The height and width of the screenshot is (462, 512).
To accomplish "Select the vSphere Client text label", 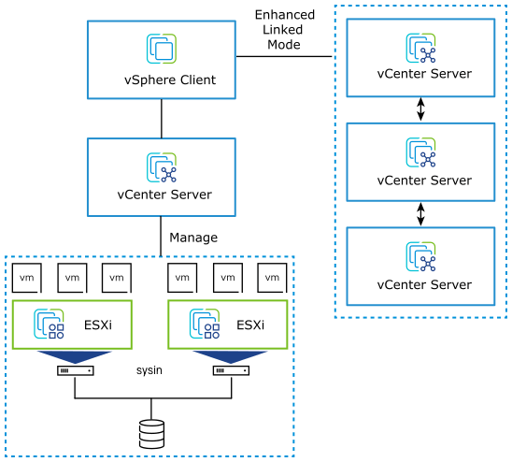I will click(163, 80).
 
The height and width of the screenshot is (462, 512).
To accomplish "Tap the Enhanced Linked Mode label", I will click(283, 29).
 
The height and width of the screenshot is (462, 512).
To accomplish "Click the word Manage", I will click(193, 238).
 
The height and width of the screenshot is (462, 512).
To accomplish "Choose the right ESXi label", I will click(250, 325).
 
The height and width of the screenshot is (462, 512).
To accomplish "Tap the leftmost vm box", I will click(26, 278).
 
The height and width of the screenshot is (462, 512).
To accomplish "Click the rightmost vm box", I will click(273, 278).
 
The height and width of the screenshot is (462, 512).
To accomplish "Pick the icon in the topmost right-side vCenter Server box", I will click(420, 48).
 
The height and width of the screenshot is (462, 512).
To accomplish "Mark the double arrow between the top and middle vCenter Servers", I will click(420, 109).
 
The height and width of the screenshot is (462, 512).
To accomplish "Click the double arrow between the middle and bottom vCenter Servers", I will click(420, 214).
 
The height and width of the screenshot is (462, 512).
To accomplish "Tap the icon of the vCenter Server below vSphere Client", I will click(162, 166).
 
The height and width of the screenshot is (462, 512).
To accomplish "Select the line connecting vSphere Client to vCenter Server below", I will click(162, 118).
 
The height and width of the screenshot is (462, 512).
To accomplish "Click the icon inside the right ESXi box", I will click(206, 324).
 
